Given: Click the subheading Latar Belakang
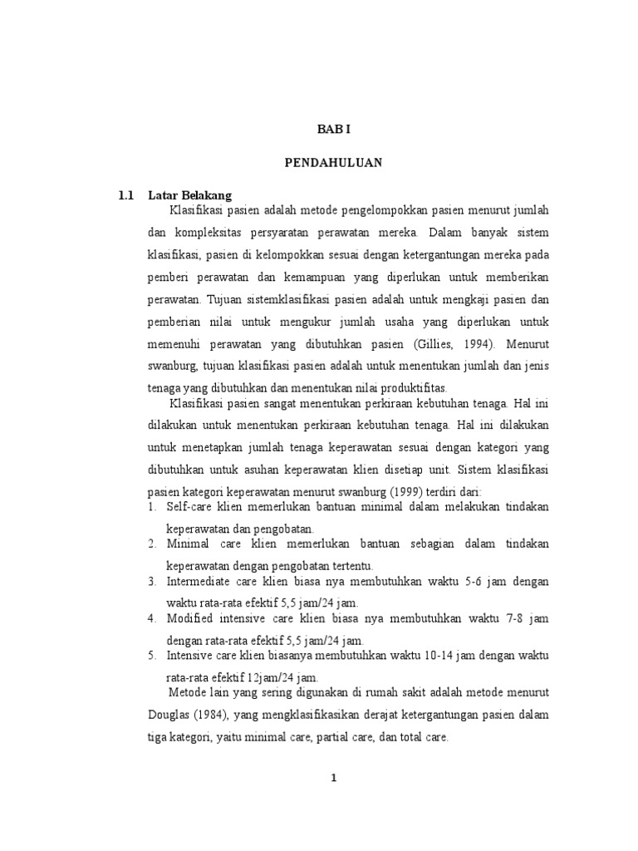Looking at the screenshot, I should (x=189, y=196).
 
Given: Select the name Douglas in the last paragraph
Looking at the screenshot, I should (x=169, y=714).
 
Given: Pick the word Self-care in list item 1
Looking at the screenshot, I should (x=190, y=506).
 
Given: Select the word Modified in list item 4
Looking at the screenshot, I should (x=191, y=618).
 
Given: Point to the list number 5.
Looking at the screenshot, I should (x=153, y=656).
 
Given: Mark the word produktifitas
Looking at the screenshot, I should (x=410, y=388).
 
